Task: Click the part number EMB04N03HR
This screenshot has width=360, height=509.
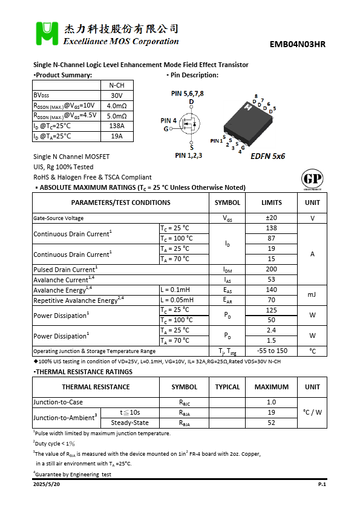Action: (x=298, y=44)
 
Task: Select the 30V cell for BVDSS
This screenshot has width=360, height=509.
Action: (x=117, y=96)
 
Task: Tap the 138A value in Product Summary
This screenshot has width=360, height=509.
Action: (x=117, y=126)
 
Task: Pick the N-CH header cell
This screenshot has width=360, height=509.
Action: (x=117, y=85)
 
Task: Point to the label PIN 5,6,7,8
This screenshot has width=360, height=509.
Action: (x=188, y=93)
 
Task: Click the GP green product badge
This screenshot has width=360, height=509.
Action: (x=312, y=180)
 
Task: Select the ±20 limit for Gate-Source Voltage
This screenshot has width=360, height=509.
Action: (x=271, y=218)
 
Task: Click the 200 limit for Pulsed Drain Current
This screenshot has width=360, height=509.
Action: (x=271, y=270)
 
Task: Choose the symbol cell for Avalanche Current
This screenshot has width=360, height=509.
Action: (x=227, y=280)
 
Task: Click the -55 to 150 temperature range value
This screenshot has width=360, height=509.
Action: (x=271, y=351)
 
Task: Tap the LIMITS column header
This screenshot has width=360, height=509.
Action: (x=271, y=203)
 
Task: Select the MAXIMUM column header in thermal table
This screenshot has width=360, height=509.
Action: (x=271, y=387)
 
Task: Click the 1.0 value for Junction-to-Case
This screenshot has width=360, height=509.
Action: (x=271, y=403)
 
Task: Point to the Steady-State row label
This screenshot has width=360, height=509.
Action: (x=129, y=423)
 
